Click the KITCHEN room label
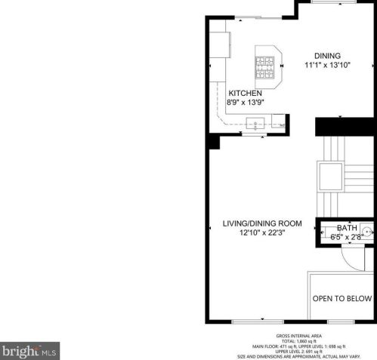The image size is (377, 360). pyautogui.click(x=245, y=93)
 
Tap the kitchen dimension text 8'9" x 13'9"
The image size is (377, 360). pyautogui.click(x=246, y=102)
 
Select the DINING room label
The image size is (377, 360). pyautogui.click(x=327, y=56)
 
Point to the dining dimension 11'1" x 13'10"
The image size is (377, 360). pyautogui.click(x=328, y=66)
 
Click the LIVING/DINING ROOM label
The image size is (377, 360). pyautogui.click(x=261, y=224)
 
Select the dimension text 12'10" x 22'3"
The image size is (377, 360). pyautogui.click(x=261, y=233)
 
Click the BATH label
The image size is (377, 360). pyautogui.click(x=347, y=228)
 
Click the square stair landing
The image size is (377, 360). pyautogui.click(x=331, y=176)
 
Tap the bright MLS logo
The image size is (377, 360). pyautogui.click(x=30, y=351)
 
